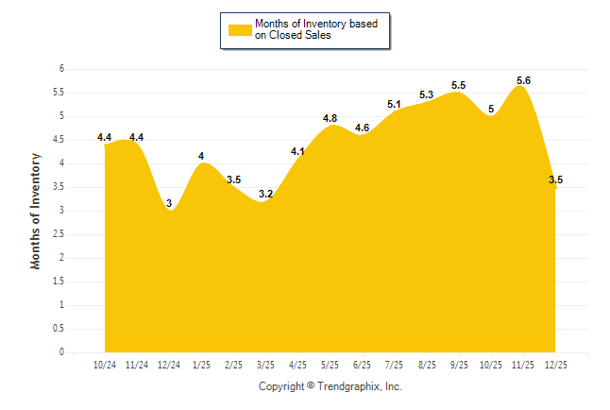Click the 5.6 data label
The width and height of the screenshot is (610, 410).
click(522, 81)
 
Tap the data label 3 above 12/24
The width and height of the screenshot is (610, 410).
click(169, 203)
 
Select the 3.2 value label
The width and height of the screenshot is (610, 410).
click(265, 194)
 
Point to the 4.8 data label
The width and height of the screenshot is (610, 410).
click(330, 118)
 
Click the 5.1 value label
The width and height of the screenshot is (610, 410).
click(394, 105)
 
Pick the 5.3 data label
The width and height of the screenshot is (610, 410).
click(426, 95)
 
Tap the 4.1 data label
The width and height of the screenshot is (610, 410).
click(297, 151)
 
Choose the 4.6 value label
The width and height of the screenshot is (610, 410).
click(362, 128)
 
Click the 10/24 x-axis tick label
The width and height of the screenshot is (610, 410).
click(104, 365)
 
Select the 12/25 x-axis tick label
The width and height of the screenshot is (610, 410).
click(555, 365)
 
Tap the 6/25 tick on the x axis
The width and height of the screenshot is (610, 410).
click(362, 365)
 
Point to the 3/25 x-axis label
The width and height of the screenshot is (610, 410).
click(265, 365)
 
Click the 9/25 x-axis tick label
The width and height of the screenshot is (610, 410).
click(459, 365)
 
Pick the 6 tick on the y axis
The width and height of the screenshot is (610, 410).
click(60, 69)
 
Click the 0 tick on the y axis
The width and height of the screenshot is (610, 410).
click(60, 352)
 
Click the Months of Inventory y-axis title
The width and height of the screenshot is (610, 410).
click(36, 211)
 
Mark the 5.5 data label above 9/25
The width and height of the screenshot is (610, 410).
click(458, 86)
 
